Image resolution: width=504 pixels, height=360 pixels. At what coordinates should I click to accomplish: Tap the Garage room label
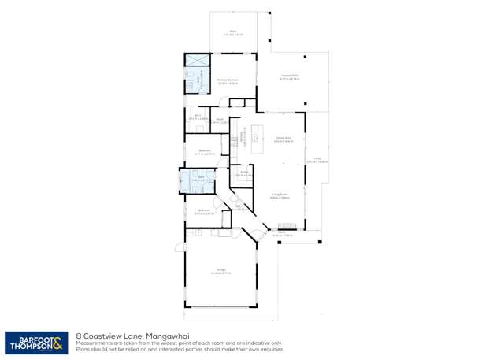(220, 273)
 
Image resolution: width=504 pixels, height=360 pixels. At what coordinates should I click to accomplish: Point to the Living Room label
(279, 196)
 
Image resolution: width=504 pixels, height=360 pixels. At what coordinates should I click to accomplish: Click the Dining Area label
(283, 139)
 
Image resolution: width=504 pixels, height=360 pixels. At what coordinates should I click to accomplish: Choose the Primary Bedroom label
(228, 81)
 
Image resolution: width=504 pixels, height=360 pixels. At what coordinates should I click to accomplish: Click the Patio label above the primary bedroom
(232, 34)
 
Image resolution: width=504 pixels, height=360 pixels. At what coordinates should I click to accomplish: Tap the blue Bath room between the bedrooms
(197, 180)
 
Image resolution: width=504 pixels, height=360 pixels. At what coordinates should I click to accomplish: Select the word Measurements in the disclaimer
(94, 343)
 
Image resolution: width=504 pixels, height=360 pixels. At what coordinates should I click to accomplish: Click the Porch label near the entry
(281, 234)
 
